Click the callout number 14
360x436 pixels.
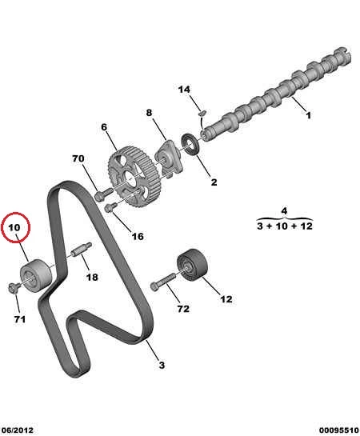click(x=184, y=90)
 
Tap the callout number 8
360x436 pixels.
click(x=149, y=113)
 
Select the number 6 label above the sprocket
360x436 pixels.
click(x=104, y=127)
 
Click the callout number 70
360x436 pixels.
click(x=78, y=158)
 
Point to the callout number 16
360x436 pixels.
click(x=138, y=236)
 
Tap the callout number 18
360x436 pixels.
click(x=92, y=278)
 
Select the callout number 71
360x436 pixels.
click(x=20, y=319)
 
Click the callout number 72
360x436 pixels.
click(x=183, y=309)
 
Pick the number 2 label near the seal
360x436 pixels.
click(x=214, y=182)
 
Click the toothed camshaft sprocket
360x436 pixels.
click(x=133, y=177)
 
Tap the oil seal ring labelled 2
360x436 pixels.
click(x=190, y=145)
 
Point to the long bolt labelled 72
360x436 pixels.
click(x=163, y=281)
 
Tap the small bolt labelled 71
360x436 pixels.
click(x=14, y=287)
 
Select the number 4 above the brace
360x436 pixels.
click(x=284, y=210)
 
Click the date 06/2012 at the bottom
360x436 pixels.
click(x=18, y=430)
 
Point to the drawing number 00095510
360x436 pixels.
click(x=339, y=430)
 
